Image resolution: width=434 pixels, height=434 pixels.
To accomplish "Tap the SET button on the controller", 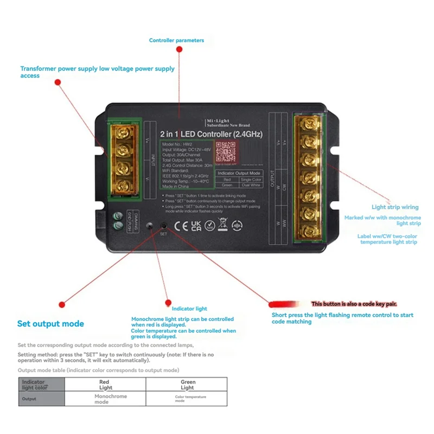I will [x=163, y=226].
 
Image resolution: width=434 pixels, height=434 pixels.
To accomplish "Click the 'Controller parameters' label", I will [x=176, y=40].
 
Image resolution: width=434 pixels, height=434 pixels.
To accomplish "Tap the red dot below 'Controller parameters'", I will [x=180, y=49].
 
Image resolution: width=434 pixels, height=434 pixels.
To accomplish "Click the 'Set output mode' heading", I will [x=50, y=324].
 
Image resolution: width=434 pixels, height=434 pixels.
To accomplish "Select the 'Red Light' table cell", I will [x=106, y=385].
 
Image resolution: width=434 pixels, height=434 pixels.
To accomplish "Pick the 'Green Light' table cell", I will [x=187, y=385].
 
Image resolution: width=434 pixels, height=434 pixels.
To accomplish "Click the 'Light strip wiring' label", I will [x=395, y=207].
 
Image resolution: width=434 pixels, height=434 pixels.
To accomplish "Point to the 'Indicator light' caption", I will [x=186, y=309].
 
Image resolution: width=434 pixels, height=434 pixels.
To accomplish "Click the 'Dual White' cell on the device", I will [x=251, y=185].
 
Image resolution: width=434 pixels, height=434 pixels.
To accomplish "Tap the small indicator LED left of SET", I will [x=150, y=225].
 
